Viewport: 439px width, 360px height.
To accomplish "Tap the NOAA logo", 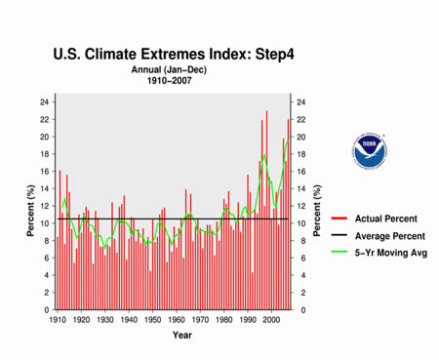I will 369,147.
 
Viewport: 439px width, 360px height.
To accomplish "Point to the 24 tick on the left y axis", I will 44,101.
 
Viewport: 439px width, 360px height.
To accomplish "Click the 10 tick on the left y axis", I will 44,223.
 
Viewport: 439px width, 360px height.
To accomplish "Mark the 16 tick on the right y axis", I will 302,171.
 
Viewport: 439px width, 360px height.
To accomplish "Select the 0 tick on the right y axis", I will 300,310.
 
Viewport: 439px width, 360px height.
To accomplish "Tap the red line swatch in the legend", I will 339,218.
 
